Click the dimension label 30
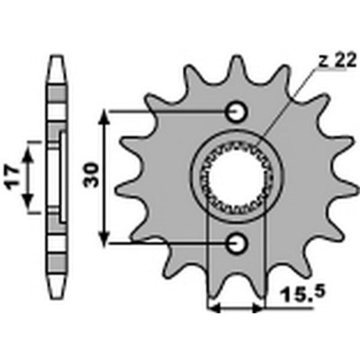[92, 177]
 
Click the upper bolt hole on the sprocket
[236, 112]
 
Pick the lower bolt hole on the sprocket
[236, 243]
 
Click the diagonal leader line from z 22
[288, 108]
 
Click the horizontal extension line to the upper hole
[168, 112]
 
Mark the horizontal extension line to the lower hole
[168, 243]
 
